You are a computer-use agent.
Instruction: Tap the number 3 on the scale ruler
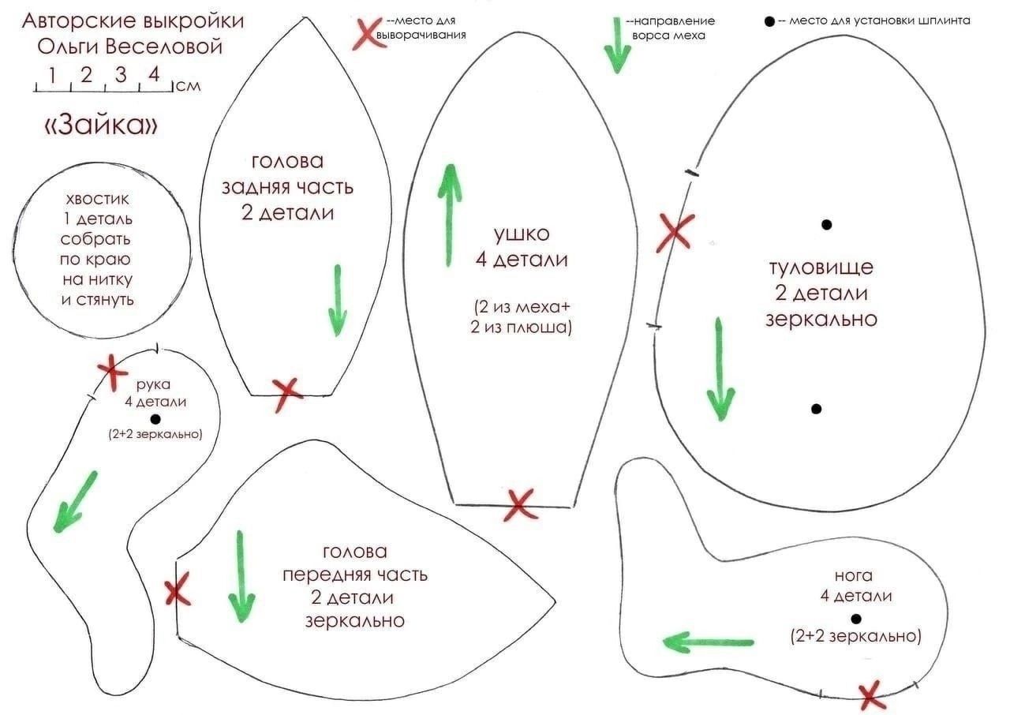point(121,76)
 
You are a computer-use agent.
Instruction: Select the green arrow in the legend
point(617,46)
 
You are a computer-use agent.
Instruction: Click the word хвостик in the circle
point(98,199)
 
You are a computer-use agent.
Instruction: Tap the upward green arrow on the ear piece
point(451,215)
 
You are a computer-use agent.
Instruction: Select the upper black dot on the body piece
point(826,224)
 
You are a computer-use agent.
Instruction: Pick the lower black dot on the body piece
point(816,409)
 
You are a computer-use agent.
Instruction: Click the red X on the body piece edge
point(675,232)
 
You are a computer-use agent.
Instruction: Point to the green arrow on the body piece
point(720,369)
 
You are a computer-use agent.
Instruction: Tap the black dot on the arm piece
point(155,419)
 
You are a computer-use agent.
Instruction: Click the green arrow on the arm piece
point(77,500)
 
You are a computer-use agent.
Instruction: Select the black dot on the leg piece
point(856,618)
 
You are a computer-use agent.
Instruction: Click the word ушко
point(521,234)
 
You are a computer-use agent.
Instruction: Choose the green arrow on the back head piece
point(338,300)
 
